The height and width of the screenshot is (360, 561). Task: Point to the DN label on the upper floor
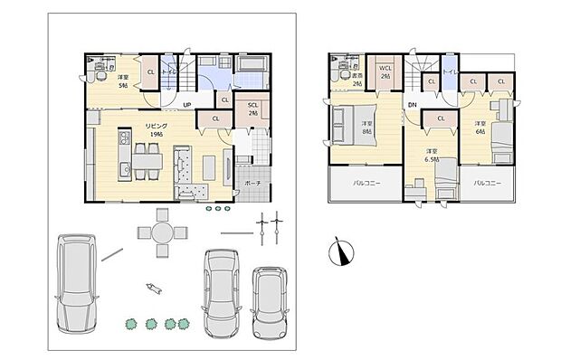click(412, 105)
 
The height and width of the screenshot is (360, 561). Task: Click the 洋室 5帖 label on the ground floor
click(122, 81)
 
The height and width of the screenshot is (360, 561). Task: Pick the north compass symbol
click(338, 251)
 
